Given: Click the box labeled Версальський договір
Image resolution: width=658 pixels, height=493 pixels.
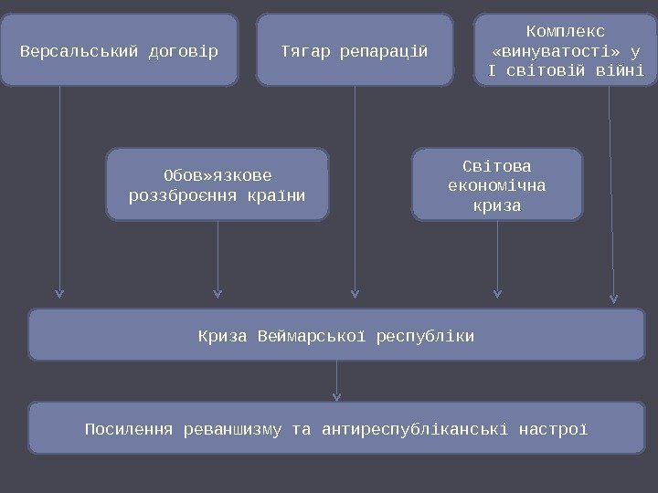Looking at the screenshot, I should [x=119, y=50].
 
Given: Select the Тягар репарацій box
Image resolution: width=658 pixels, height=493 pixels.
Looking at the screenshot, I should [x=355, y=50].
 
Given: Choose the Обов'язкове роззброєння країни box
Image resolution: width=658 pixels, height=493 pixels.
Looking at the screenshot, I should [x=218, y=185].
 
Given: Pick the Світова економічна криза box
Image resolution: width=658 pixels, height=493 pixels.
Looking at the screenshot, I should [x=497, y=185].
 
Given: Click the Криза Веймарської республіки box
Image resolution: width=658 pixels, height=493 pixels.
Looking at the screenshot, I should [x=336, y=335].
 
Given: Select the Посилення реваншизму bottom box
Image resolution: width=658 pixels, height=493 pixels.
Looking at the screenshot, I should [x=336, y=428].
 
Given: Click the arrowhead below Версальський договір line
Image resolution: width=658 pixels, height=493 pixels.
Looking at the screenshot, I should [x=59, y=294].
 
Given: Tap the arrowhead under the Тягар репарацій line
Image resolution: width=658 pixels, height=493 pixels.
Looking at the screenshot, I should [x=355, y=294].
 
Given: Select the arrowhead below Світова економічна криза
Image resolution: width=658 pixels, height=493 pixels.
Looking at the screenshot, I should [x=497, y=294].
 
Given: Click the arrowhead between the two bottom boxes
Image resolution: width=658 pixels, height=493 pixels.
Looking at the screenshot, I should [x=336, y=396].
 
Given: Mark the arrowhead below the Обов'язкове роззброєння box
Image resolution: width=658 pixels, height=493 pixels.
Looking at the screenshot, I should [x=218, y=294].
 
